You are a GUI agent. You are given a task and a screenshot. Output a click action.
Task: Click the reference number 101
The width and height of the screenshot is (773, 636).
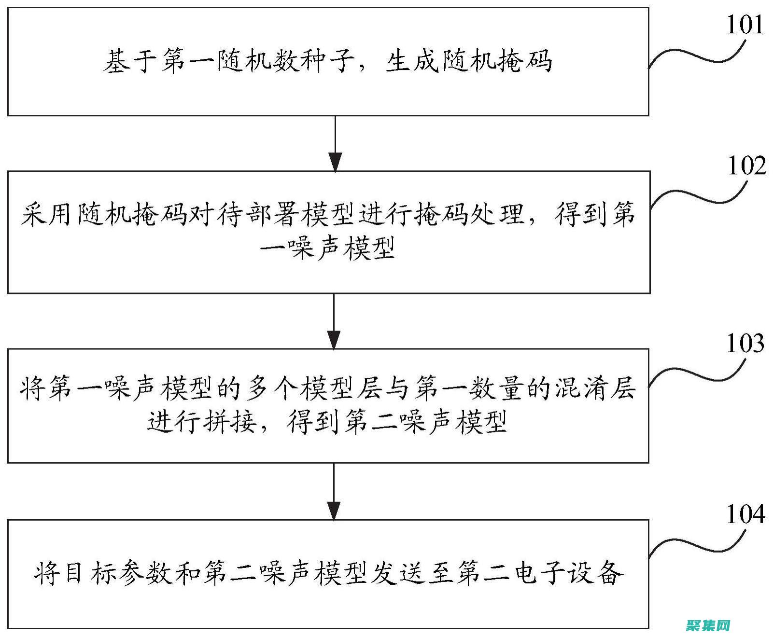[745, 24]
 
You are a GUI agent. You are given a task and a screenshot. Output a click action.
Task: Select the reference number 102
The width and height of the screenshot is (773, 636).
[746, 166]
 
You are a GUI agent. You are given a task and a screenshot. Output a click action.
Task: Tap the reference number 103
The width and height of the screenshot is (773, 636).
[745, 344]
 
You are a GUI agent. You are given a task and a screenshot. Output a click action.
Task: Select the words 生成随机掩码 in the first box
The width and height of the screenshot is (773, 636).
[468, 61]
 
